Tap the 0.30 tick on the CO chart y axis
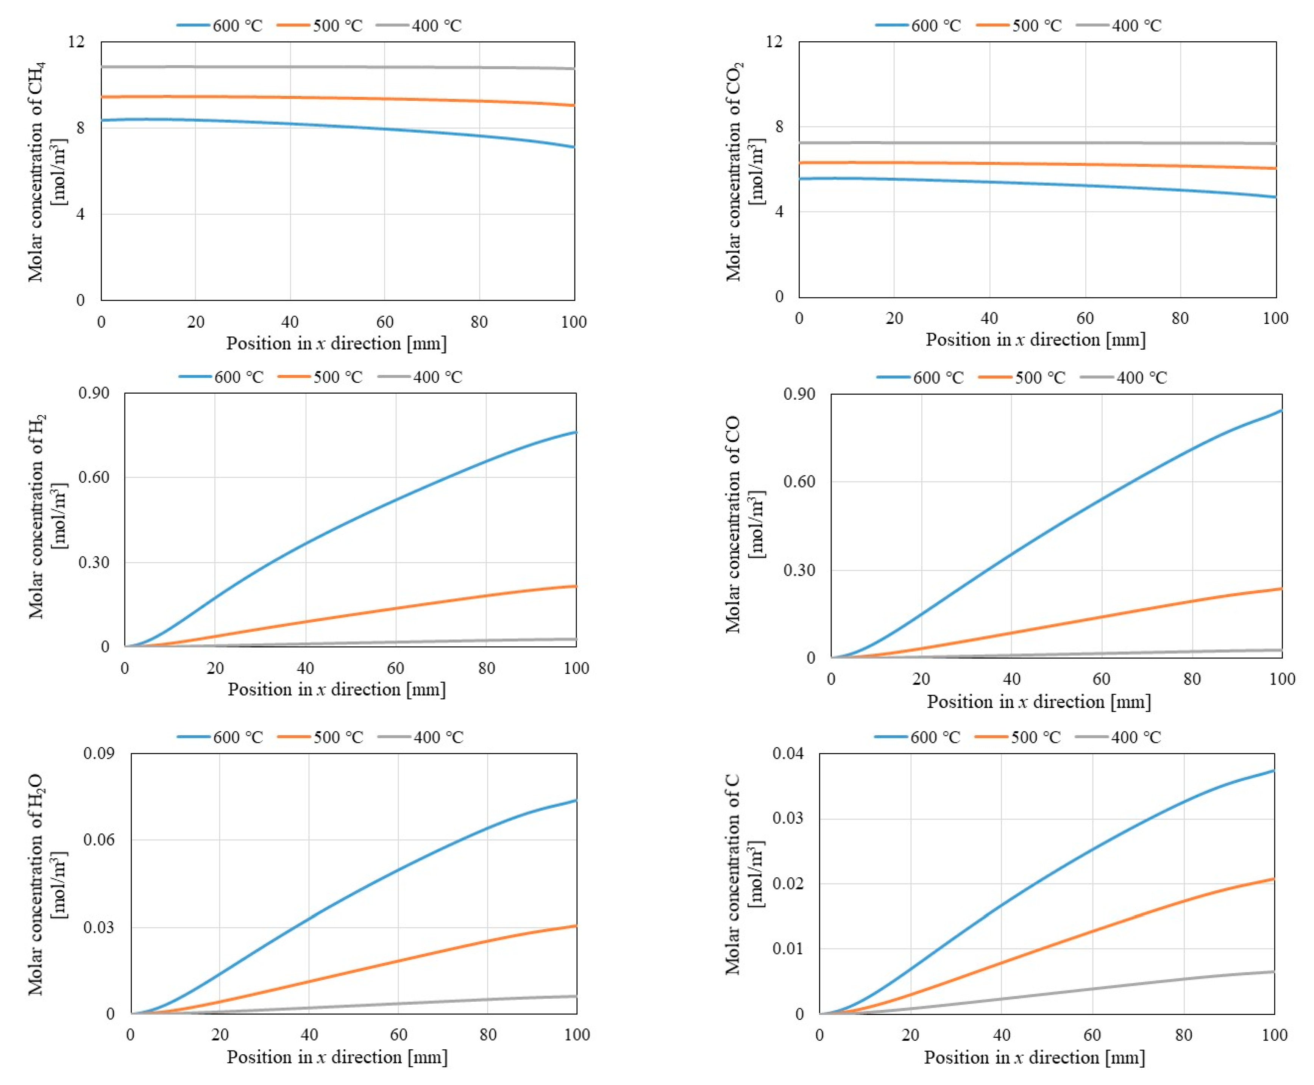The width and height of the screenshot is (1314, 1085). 799,570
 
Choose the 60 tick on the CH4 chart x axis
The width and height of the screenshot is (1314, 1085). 385,322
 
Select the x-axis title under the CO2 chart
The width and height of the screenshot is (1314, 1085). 1035,339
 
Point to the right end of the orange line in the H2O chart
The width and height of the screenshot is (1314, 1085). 576,926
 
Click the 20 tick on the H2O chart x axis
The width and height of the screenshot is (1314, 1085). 220,1034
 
